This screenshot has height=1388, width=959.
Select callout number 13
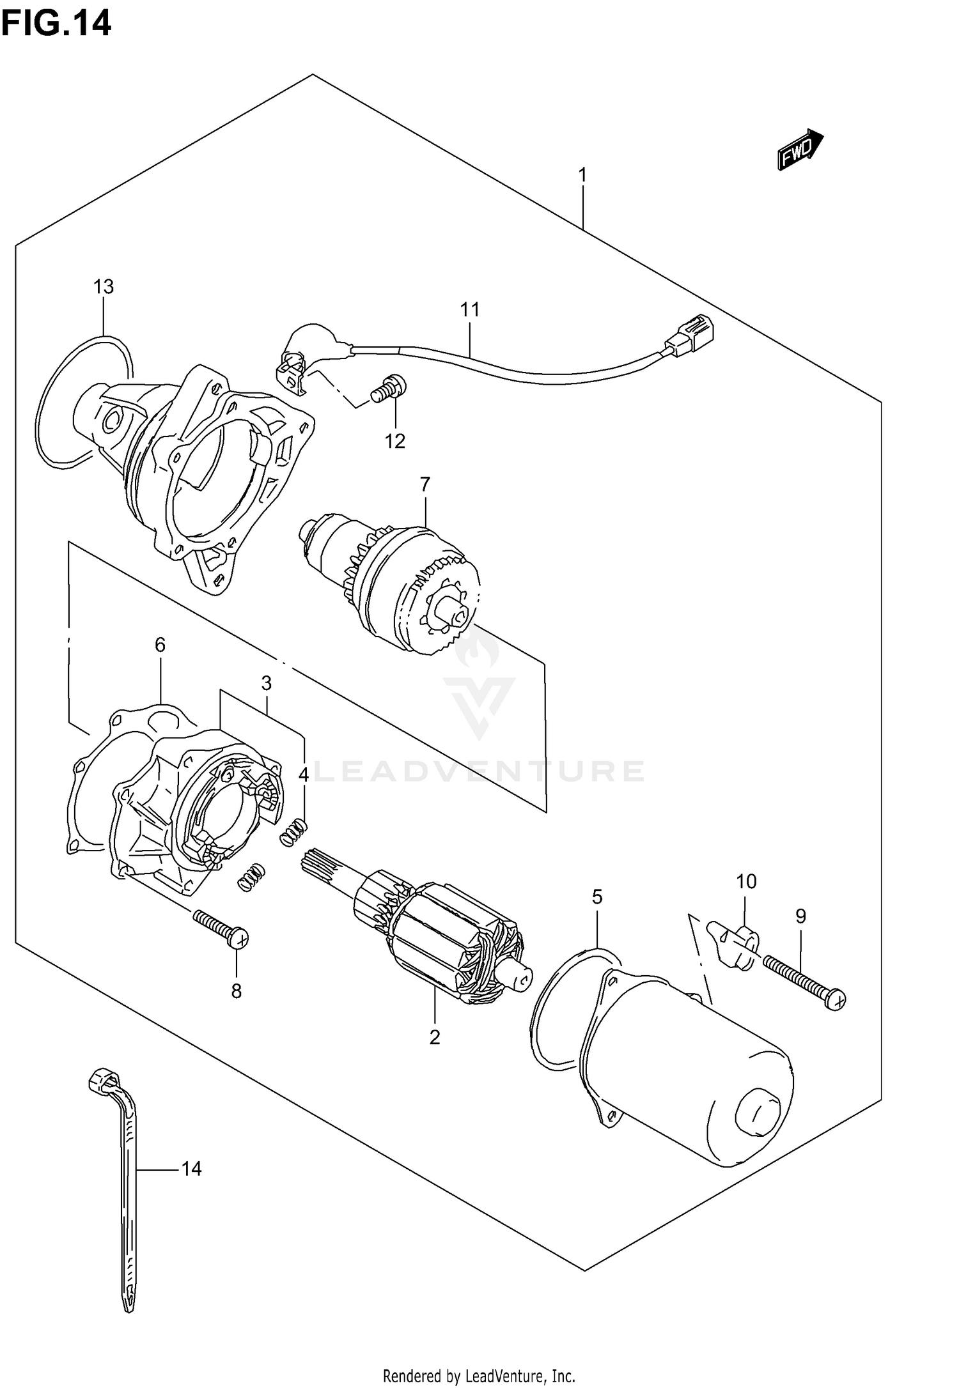(103, 287)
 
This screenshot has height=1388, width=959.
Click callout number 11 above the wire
(469, 310)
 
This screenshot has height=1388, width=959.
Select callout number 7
(425, 484)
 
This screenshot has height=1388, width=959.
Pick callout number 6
(160, 645)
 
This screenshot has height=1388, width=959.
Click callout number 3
(266, 683)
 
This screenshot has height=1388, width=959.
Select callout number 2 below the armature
(435, 1037)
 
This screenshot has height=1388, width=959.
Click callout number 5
(596, 897)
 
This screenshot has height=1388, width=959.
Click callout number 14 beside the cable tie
(191, 1169)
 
